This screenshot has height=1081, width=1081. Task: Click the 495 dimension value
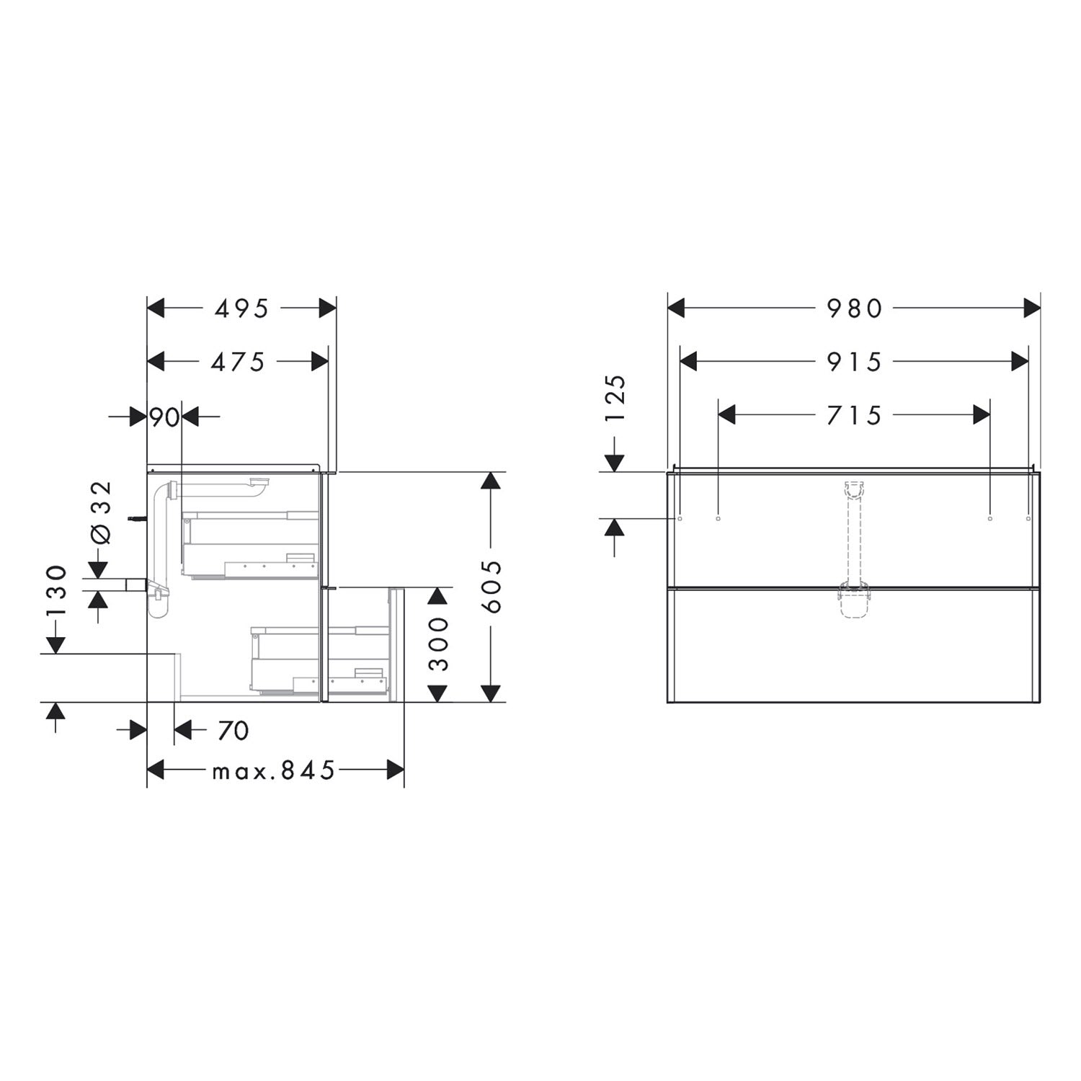coord(241,308)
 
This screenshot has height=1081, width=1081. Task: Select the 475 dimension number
coord(238,362)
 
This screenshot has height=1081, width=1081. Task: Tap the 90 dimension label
coord(164,417)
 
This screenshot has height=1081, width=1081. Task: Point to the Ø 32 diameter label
coord(101,512)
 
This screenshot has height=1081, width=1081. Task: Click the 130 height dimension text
coord(56,591)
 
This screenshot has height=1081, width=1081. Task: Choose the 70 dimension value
coord(233,731)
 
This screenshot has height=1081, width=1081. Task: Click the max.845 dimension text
coord(274,771)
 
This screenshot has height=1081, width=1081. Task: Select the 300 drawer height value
coord(438,644)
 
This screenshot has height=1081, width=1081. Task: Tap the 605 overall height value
coord(491,586)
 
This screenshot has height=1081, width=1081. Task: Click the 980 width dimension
coord(854,308)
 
